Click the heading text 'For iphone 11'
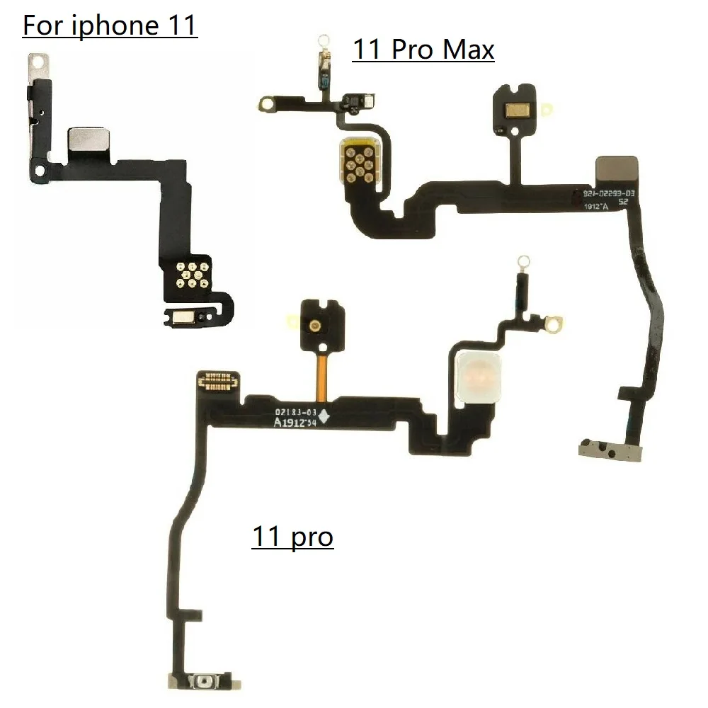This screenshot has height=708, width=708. coord(110,26)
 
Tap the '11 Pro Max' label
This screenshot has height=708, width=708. coord(423,50)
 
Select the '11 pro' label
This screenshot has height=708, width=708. coord(292,536)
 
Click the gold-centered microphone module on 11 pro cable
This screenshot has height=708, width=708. coord(312,325)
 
